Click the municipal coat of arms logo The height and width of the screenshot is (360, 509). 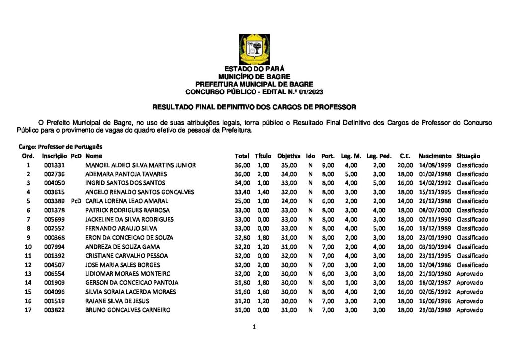click(254, 49)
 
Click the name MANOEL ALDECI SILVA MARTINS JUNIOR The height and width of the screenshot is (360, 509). click(141, 165)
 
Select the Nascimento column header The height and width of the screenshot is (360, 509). click(435, 156)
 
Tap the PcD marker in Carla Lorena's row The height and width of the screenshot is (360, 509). click(76, 201)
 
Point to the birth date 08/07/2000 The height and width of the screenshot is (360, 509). click(435, 210)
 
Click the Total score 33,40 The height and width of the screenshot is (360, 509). click(242, 192)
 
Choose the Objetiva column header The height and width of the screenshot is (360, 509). click(289, 156)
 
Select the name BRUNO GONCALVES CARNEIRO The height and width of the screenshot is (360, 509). click(128, 310)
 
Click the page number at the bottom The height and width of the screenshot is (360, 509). click(254, 327)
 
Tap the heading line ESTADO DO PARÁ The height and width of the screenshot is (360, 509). click(254, 69)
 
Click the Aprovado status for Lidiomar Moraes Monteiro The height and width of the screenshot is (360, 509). click(470, 274)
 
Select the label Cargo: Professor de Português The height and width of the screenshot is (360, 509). click(61, 147)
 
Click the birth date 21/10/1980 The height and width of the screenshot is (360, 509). click(435, 274)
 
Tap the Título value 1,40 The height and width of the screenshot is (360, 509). click(263, 192)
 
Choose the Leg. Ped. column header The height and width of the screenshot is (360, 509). click(379, 156)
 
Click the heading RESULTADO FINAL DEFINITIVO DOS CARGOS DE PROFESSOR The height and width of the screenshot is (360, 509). click(254, 107)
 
